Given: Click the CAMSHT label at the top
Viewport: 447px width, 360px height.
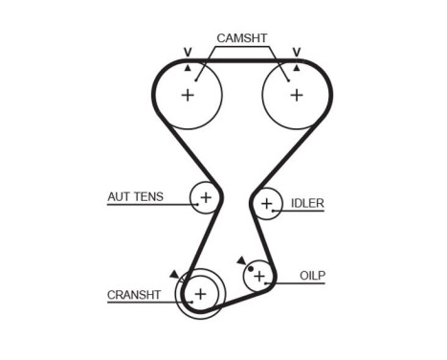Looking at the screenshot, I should (x=241, y=38).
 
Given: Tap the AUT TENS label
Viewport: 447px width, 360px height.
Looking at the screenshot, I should (x=135, y=197).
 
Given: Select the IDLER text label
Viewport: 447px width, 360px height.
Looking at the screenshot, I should (x=307, y=203).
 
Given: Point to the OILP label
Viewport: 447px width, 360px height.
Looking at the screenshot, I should (x=312, y=275).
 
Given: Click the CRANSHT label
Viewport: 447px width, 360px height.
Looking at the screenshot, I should (x=134, y=295).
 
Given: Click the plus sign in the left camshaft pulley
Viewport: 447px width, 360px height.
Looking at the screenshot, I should (x=188, y=95).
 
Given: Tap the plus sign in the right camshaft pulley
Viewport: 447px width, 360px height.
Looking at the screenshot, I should (x=296, y=95).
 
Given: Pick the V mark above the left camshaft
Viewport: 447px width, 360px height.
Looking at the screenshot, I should (x=187, y=52).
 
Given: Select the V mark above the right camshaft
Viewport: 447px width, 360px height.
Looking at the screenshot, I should (x=297, y=52).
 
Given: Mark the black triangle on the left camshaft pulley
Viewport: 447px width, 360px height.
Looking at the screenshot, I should (x=188, y=68).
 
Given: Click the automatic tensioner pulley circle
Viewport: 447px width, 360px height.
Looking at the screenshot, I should (x=205, y=198).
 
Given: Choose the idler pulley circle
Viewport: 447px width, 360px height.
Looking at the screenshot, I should (x=266, y=203).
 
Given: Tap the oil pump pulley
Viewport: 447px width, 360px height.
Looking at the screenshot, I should (x=258, y=277).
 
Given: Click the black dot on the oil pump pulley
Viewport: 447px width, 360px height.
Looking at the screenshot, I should (x=251, y=269).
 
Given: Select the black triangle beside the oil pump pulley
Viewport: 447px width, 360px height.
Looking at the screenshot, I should (x=241, y=259).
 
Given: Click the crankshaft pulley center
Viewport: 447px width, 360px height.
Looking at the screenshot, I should (x=200, y=292).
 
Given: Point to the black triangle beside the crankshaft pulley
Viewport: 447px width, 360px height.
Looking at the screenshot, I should (x=173, y=274).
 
